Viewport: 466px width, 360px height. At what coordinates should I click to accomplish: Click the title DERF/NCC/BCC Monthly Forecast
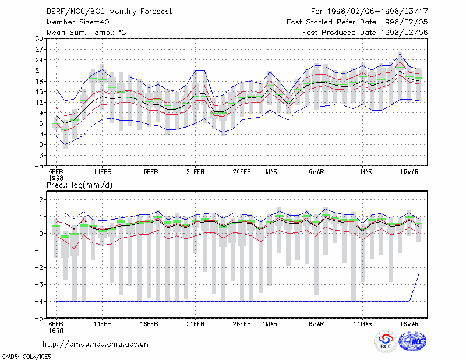pos(109,12)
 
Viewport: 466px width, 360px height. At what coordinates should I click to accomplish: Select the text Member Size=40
pos(78,22)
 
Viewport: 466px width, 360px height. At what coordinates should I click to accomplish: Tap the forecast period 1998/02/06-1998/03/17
pos(377,12)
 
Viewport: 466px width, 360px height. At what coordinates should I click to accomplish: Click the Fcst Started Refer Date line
pos(357,22)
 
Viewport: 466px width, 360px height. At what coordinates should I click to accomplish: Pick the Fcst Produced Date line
pos(365,33)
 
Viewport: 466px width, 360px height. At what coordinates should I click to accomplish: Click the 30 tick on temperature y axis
pos(39,38)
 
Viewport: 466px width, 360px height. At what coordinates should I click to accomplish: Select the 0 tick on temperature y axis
pos(41,145)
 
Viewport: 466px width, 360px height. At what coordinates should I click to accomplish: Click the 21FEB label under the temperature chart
pos(195,172)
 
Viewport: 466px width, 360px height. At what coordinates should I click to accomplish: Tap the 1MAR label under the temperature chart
pos(270,172)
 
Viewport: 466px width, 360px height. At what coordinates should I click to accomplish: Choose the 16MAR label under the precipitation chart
pos(409,324)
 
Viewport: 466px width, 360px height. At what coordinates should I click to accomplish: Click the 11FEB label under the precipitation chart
pos(103,324)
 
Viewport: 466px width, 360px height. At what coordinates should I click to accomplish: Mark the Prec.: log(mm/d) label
pos(79,185)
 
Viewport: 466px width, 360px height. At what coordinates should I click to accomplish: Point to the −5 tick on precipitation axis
pos(38,319)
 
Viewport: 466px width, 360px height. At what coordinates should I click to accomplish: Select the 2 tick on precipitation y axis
pos(41,199)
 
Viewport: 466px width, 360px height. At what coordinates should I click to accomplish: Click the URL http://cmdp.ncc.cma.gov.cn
pos(96,344)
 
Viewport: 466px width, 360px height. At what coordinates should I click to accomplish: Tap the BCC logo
pos(386,341)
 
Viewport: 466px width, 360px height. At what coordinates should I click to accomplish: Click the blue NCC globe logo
pos(412,341)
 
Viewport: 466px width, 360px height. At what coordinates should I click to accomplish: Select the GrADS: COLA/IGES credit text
pos(26,357)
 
